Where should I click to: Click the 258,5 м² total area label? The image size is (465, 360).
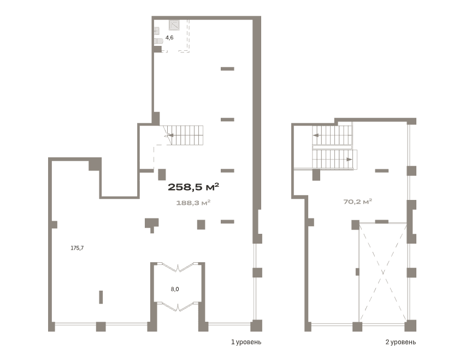coord(193,187)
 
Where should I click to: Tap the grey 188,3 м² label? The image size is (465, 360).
coord(193,203)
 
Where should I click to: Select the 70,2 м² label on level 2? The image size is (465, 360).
coord(358,202)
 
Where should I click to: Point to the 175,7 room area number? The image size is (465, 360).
coord(77,248)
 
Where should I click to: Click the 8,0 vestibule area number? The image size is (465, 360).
coord(175,289)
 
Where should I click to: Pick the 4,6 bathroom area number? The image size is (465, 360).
coord(169,38)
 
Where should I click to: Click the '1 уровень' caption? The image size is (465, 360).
coord(246,342)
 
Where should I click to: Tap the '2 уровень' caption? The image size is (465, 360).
coord(401,342)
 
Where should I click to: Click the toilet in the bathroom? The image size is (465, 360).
coord(158,41)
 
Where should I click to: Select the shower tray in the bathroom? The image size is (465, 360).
coord(174,25)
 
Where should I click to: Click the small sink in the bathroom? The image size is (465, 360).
coord(157,31)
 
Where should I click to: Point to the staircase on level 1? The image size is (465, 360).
coord(183,135)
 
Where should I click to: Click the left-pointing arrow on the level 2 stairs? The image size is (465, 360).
coord(316,135)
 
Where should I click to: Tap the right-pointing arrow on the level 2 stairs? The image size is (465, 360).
coord(349,160)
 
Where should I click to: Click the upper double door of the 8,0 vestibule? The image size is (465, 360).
coord(178,267)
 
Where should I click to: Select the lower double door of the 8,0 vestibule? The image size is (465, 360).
coord(178,306)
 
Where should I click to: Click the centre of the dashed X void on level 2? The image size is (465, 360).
coord(383,272)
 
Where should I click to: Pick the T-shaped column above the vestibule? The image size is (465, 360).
coord(151,224)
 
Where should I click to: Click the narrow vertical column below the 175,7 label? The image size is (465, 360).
coord(101,297)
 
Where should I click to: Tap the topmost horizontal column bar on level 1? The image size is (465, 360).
coord(227,69)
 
